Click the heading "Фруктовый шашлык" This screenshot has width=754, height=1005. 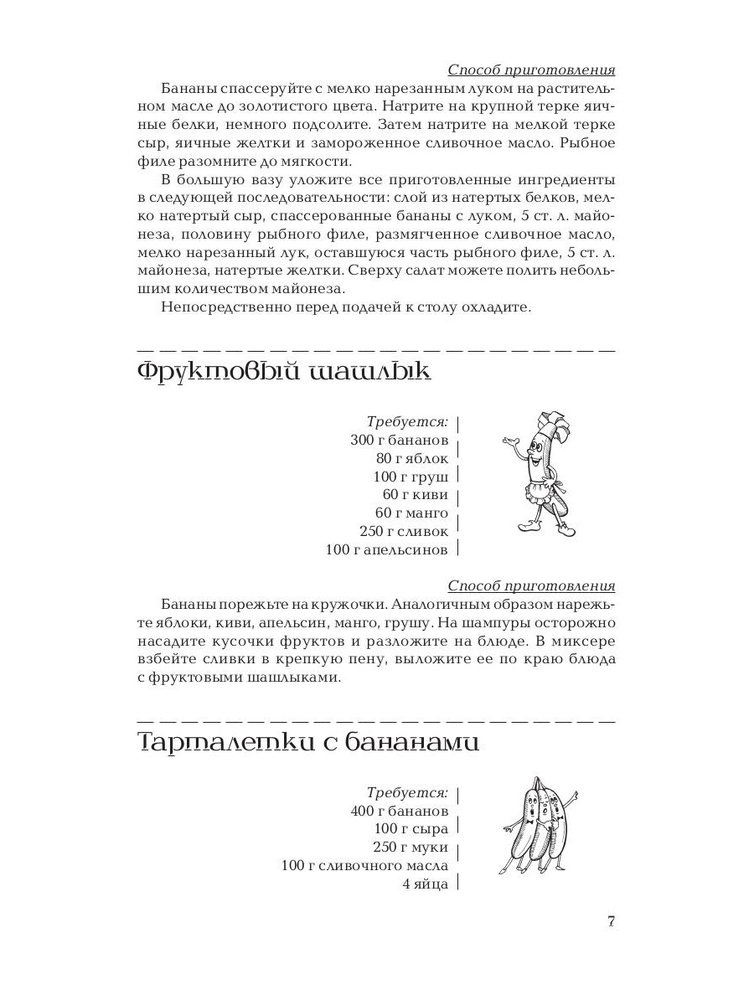(x=283, y=372)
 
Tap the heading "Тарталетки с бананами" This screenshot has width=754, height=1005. (x=307, y=742)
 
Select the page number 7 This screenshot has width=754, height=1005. (x=612, y=922)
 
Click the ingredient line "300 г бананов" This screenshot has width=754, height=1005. (x=399, y=440)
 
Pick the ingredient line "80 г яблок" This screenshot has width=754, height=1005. (x=412, y=458)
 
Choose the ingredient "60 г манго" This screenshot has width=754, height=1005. (x=411, y=513)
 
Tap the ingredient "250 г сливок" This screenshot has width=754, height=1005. (x=404, y=531)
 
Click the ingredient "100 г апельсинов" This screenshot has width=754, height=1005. (x=387, y=549)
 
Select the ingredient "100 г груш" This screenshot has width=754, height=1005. (x=411, y=477)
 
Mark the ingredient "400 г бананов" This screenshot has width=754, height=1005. (x=400, y=811)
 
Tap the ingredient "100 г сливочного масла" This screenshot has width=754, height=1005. (x=364, y=866)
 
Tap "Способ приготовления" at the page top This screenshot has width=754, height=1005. (x=531, y=70)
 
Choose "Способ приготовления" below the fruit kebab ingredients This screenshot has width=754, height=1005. (x=531, y=585)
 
